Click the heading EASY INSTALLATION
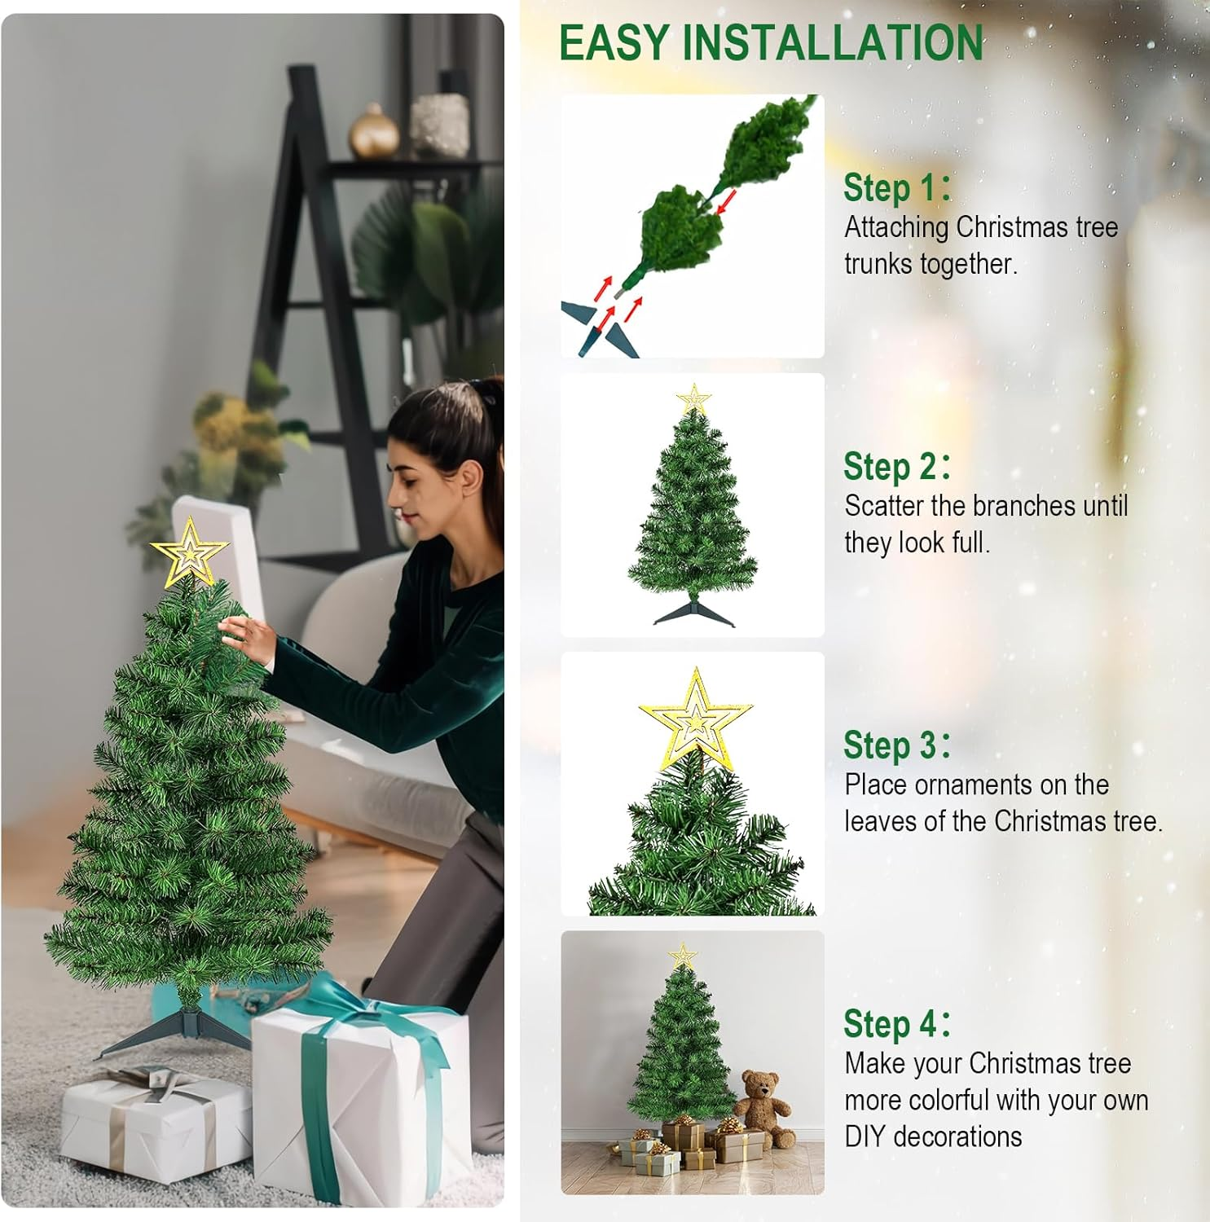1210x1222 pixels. pos(771,43)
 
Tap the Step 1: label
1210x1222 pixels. pos(896,187)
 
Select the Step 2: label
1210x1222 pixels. pos(896,467)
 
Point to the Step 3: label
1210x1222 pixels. pos(896,745)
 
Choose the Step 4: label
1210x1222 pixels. pos(896,1024)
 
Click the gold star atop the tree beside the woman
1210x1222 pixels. pos(190,553)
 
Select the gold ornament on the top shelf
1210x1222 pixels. pos(374,132)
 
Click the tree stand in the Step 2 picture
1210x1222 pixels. pos(693,612)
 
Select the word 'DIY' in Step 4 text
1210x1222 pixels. pos(865,1136)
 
